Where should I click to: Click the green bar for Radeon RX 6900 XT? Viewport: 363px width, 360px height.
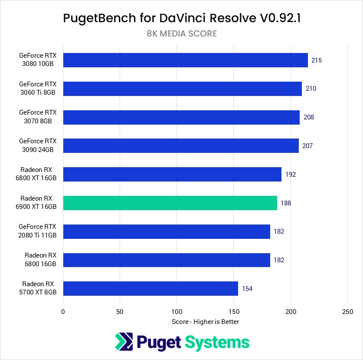click(170, 203)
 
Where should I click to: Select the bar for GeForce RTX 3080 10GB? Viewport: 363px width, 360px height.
click(185, 60)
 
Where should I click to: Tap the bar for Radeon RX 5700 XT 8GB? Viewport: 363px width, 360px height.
click(150, 288)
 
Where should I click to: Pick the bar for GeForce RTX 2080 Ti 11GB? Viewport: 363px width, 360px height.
click(167, 231)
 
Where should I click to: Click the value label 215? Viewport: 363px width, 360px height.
click(317, 60)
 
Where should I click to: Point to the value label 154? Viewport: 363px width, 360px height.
click(247, 288)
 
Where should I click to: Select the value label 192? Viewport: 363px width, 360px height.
click(291, 175)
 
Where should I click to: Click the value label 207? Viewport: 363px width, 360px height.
click(307, 146)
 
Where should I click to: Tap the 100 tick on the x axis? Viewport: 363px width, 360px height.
click(177, 311)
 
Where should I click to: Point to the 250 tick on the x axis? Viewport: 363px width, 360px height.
click(347, 311)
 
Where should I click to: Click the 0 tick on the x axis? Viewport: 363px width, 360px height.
click(63, 311)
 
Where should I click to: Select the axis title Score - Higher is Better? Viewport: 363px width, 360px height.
click(205, 322)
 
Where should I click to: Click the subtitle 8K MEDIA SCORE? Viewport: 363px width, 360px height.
click(181, 33)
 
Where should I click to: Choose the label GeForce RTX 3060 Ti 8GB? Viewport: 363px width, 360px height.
click(38, 89)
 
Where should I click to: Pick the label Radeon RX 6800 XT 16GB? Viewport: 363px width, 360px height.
click(38, 174)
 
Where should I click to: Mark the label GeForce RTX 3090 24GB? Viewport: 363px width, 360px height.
click(38, 145)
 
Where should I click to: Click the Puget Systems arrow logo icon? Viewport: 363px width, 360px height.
click(124, 342)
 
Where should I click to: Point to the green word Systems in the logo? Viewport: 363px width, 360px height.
click(217, 342)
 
